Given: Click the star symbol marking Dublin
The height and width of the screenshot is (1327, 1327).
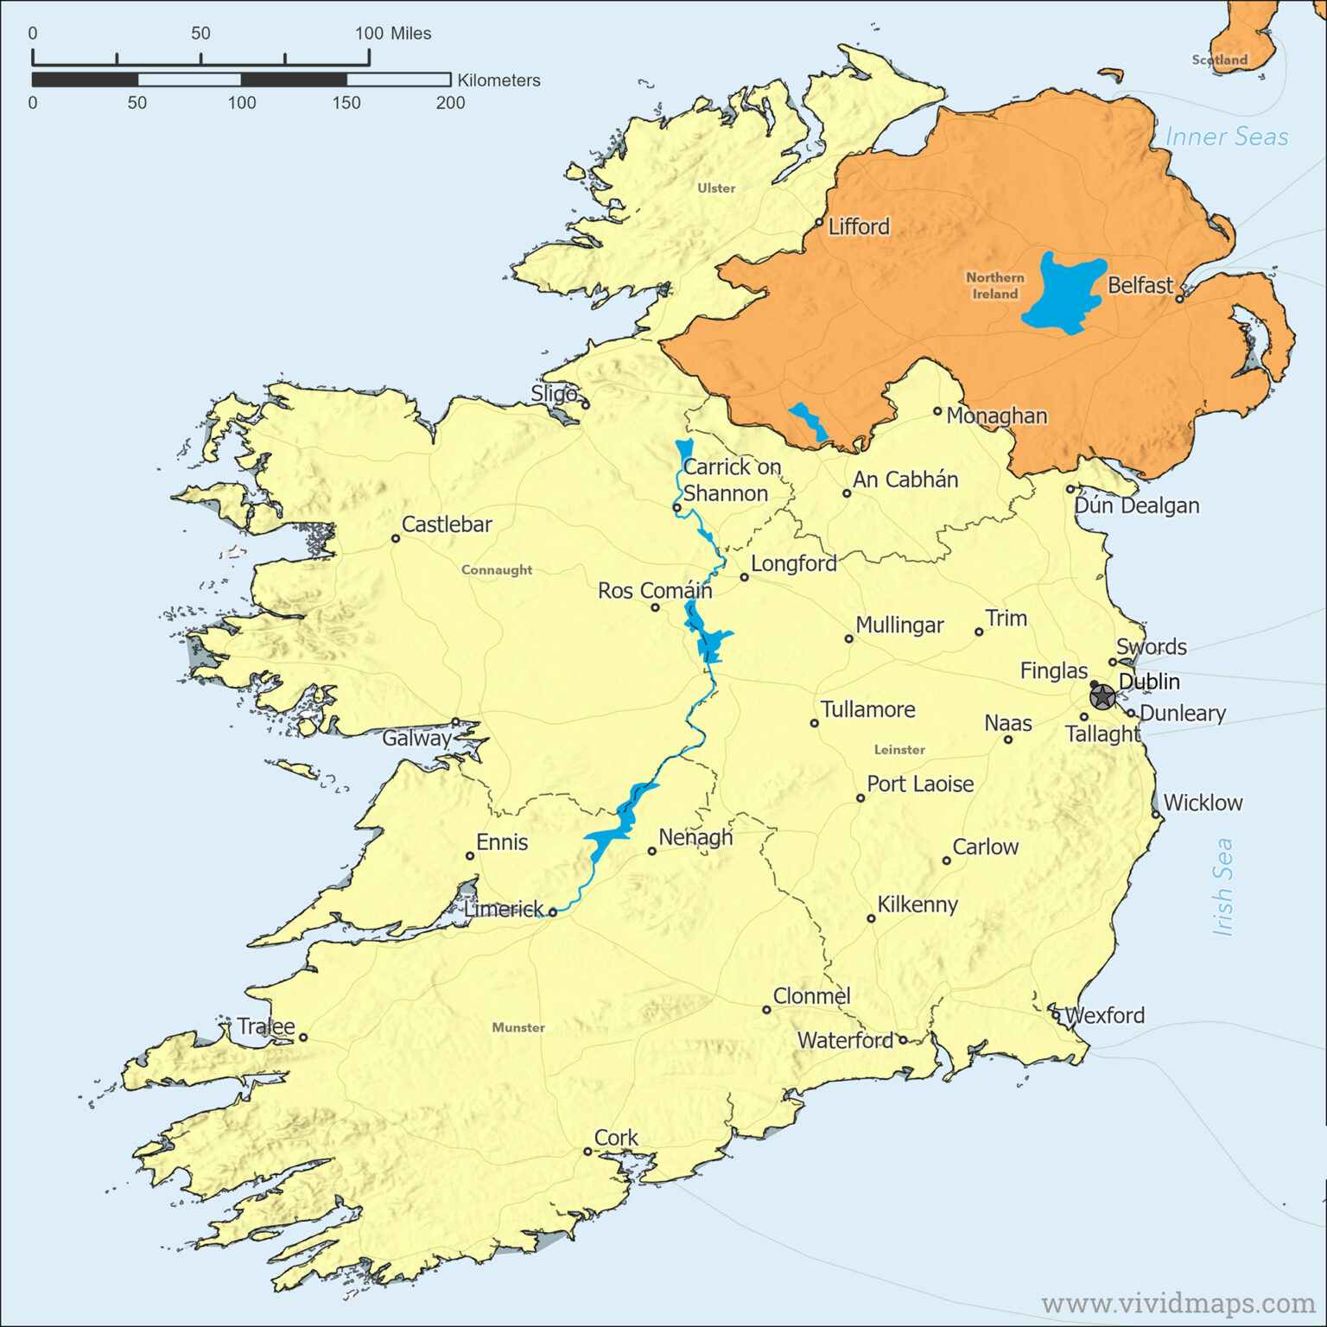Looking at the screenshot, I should point(1102,696).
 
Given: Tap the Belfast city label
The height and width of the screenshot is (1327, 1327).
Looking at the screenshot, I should point(1140,285).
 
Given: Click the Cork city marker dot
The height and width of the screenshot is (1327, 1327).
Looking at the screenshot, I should point(587,1151).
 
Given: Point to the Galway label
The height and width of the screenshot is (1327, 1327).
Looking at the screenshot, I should point(416,738).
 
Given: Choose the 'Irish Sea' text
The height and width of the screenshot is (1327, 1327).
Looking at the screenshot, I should point(1222,886).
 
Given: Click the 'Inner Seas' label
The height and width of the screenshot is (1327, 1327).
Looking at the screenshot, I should point(1226,137).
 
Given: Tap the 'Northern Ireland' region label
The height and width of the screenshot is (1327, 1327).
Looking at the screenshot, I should point(995,285).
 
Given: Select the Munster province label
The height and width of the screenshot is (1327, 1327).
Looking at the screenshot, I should point(518,1027).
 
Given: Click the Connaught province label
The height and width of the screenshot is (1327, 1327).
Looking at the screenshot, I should point(497,570).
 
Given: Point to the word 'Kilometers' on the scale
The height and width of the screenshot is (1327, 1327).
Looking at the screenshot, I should point(498,80).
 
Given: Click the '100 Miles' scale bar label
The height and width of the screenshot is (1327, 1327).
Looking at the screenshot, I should point(393,34).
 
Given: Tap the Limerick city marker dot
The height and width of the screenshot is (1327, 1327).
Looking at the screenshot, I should point(553,912).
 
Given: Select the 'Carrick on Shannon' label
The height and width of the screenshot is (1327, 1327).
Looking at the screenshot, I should point(731,479).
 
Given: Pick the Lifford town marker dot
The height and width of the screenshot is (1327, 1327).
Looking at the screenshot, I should point(819,222).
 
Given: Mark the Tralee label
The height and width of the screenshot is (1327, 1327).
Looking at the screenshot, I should point(266,1026).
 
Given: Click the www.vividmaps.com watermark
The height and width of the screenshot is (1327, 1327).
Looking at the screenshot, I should point(1178,1302).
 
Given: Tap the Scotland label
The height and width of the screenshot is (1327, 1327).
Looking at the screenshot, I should point(1219,60).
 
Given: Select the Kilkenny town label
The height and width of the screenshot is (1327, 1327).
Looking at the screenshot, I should point(917,905).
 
